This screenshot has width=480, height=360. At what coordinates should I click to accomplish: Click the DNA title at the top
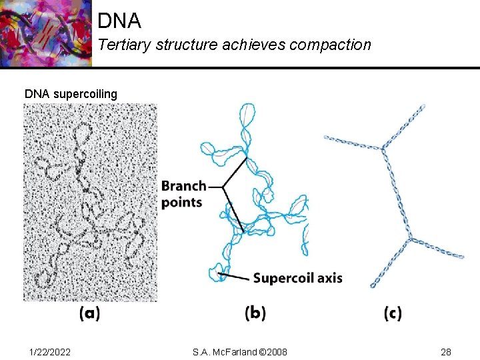click(119, 21)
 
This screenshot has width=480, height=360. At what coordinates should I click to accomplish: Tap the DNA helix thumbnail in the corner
click(45, 33)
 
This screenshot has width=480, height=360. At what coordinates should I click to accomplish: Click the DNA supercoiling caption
click(71, 93)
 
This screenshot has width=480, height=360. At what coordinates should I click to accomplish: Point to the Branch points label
click(183, 193)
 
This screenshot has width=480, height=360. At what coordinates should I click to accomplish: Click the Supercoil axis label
click(297, 278)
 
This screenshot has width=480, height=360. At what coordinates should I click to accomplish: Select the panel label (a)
click(89, 313)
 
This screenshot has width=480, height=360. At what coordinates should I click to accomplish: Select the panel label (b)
click(255, 313)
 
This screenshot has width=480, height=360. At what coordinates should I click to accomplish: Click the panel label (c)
click(393, 313)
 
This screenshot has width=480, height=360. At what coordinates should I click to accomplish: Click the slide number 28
click(445, 351)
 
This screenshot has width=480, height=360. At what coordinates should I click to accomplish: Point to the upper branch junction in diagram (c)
click(383, 149)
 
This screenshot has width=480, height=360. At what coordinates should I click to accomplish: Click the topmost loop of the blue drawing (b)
click(248, 117)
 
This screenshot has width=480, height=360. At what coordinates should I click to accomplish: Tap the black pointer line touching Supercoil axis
click(235, 275)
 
